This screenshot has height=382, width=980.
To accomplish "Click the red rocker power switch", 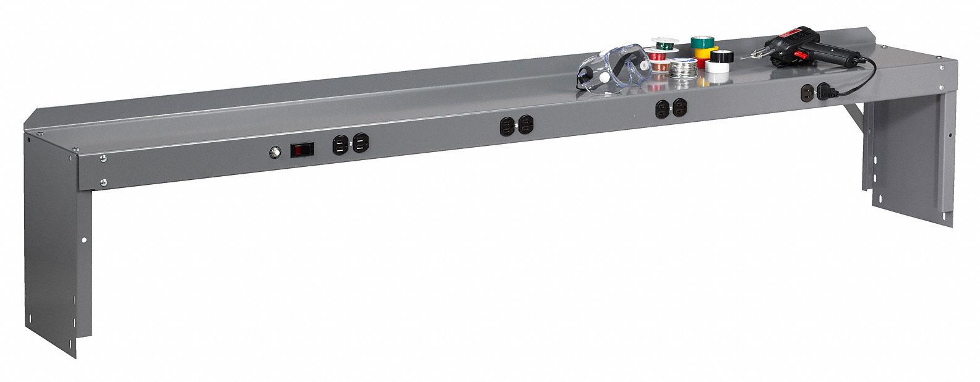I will point(302,150).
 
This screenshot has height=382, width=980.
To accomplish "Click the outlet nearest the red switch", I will point(340,145).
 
